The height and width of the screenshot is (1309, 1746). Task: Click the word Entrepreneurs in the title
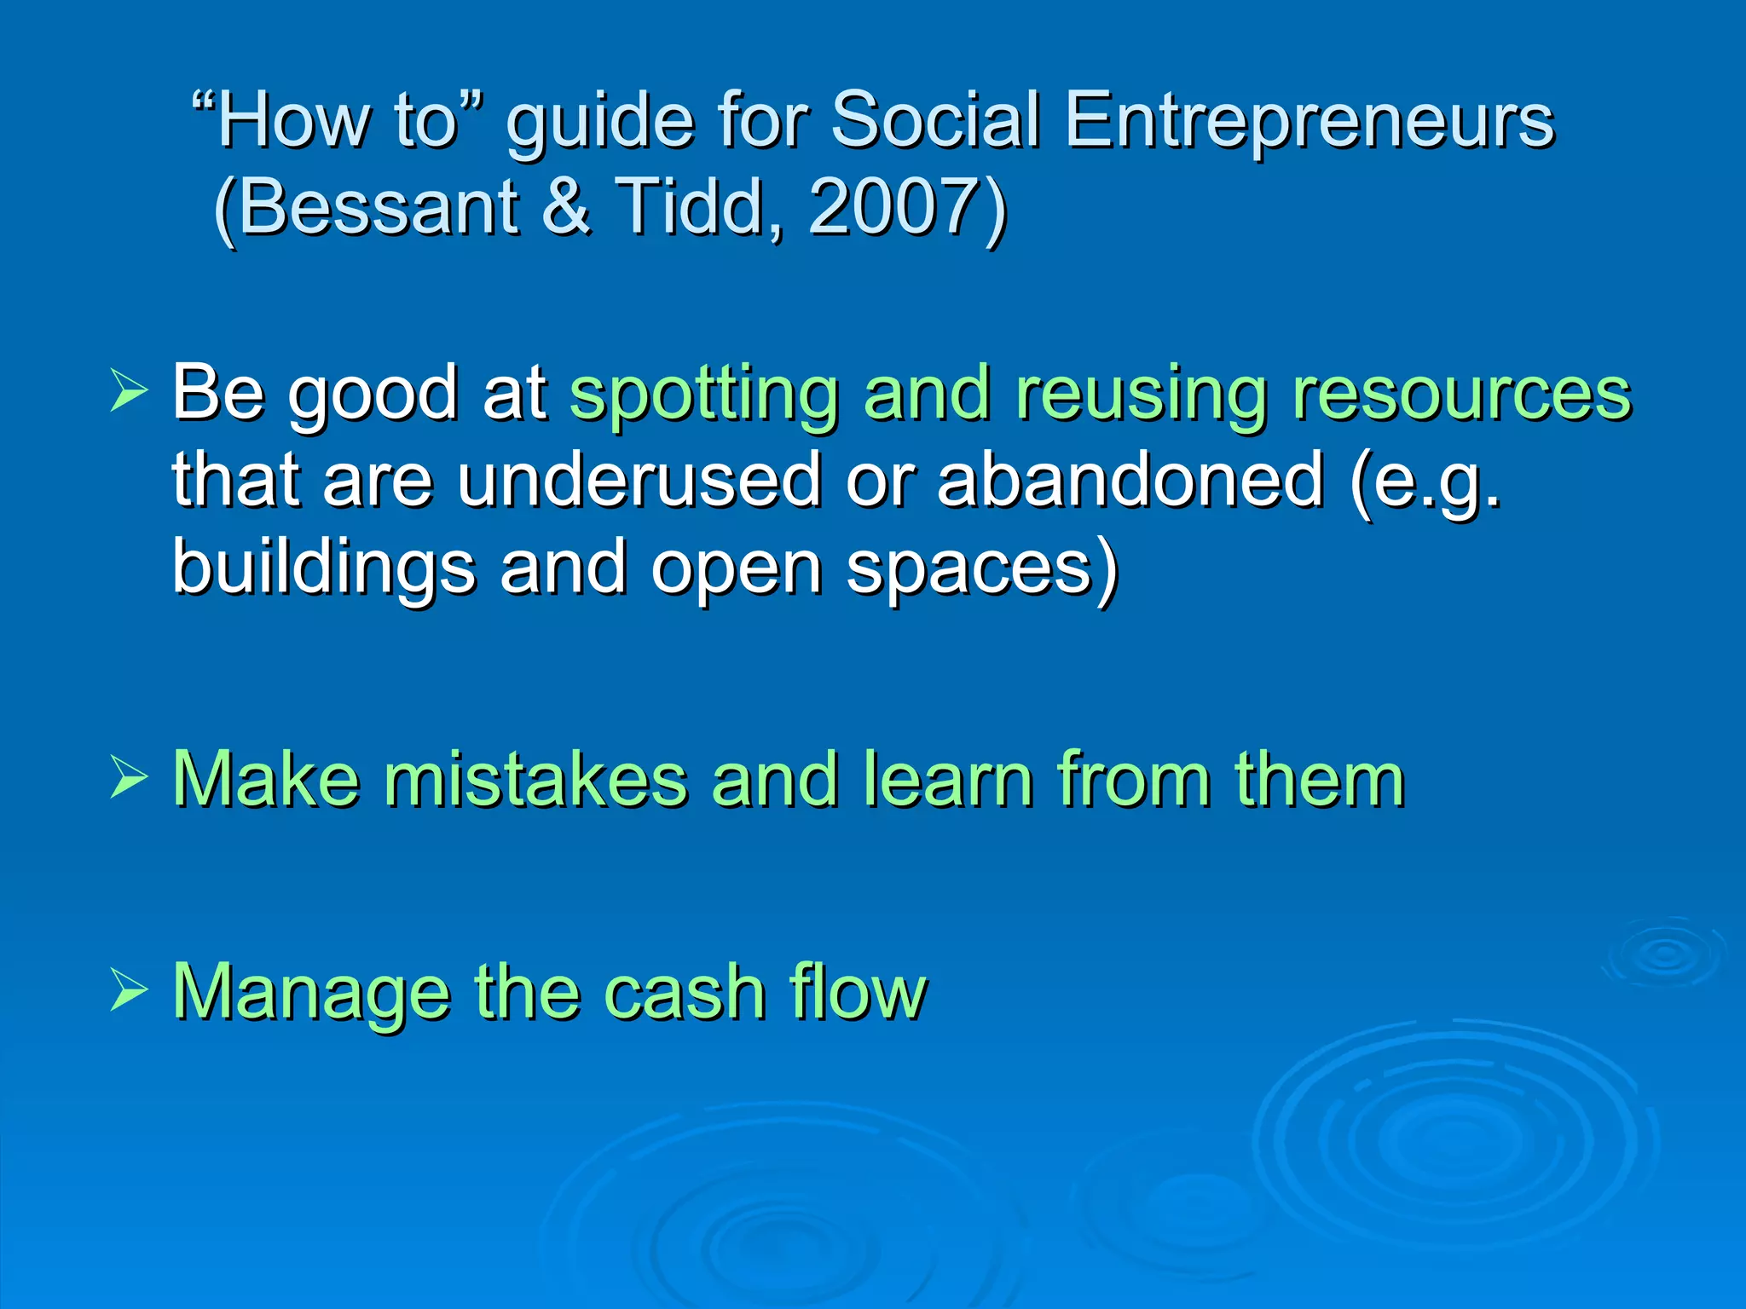(1309, 122)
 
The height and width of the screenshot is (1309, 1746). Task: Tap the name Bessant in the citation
(381, 207)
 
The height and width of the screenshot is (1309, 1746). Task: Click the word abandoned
(1130, 480)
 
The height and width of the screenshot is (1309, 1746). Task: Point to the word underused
(639, 480)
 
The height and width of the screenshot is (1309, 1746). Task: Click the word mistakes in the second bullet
(535, 779)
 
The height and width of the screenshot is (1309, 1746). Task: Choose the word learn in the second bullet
(947, 779)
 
